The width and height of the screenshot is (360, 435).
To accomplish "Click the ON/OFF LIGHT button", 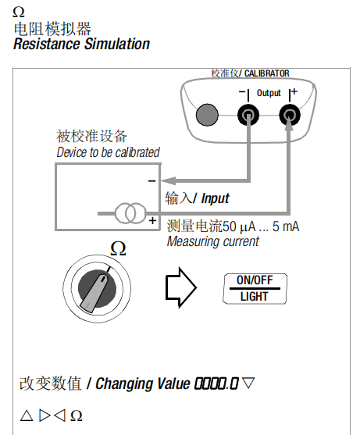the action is click(255, 288).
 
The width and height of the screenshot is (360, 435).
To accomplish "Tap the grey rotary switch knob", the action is click(97, 289).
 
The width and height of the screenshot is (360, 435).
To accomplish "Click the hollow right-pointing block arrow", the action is click(181, 287).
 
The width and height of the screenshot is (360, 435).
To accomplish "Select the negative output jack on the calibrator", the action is click(248, 115).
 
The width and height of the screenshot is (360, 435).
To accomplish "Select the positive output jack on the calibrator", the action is click(290, 115).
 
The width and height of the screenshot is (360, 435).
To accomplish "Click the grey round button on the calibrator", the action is click(207, 115).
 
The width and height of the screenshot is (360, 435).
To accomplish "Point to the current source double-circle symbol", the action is click(130, 213).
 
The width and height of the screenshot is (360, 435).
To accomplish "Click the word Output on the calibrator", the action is click(269, 93).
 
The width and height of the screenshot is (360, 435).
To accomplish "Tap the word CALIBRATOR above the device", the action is click(267, 73).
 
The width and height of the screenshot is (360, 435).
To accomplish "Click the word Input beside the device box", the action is click(216, 198).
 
